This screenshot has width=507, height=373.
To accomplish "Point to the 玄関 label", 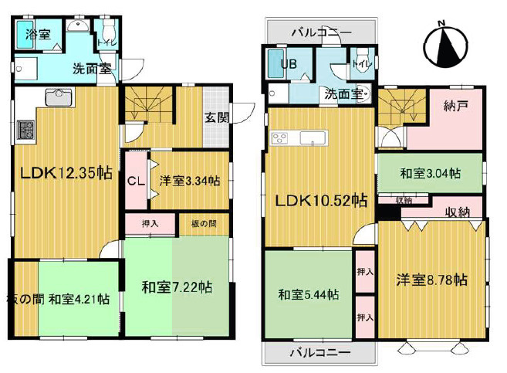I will tap(215, 118).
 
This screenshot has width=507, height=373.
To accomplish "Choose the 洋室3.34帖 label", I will tap(189, 181).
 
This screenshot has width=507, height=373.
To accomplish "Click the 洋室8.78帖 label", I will tap(432, 279).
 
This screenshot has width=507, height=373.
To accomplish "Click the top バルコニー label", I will tap(321, 32).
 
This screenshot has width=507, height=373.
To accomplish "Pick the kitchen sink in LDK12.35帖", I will tap(58, 97).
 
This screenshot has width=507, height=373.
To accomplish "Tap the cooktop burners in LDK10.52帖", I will tap(279, 139).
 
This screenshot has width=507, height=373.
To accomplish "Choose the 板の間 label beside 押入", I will tap(204, 224).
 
